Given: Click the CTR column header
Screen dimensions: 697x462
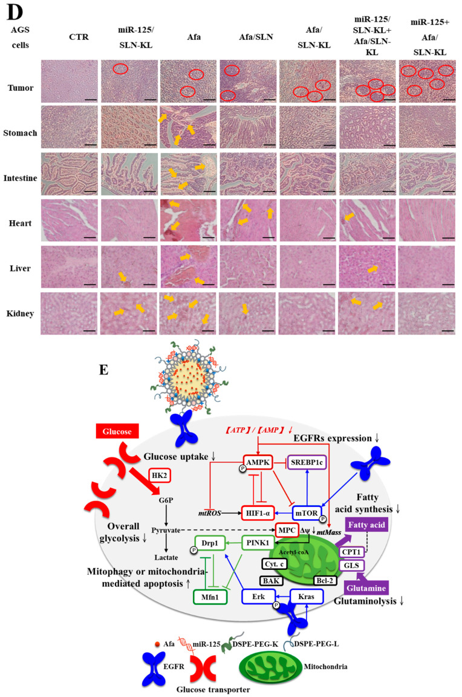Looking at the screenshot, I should [x=69, y=34].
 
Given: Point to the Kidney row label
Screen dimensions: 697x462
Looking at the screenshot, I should [x=20, y=313].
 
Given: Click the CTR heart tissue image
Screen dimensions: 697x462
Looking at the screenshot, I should [x=69, y=220].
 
